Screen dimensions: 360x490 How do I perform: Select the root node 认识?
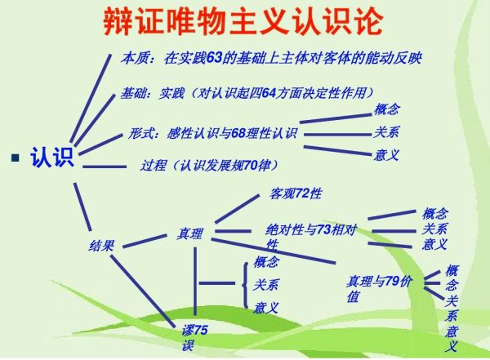click(x=52, y=156)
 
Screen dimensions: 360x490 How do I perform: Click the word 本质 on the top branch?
click(x=135, y=58)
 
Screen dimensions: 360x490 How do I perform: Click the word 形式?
click(x=144, y=133)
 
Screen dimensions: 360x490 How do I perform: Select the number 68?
click(x=241, y=133)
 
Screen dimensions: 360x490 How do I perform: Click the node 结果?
click(x=102, y=244)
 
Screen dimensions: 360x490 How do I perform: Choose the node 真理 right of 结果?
click(x=190, y=234)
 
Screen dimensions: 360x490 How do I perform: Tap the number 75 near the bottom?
click(x=201, y=330)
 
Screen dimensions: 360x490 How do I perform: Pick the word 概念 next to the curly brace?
click(x=265, y=262)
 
